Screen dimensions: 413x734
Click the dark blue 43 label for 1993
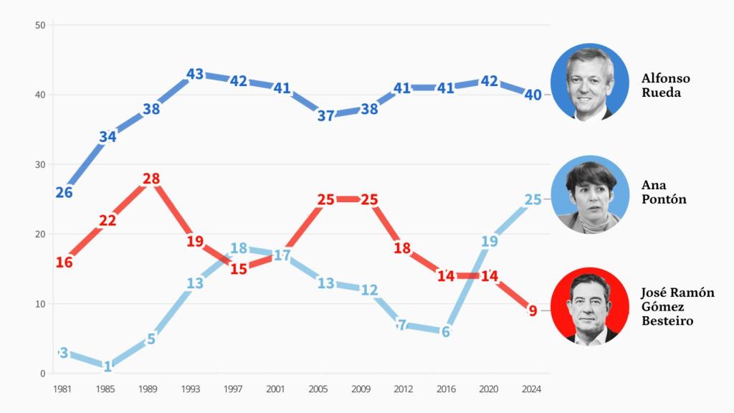pyautogui.click(x=195, y=74)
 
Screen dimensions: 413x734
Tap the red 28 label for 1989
pyautogui.click(x=151, y=179)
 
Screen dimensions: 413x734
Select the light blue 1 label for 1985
pyautogui.click(x=108, y=367)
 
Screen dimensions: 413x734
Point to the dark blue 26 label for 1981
pyautogui.click(x=64, y=193)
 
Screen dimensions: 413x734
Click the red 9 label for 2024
pyautogui.click(x=533, y=311)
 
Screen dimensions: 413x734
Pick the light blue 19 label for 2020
pyautogui.click(x=490, y=242)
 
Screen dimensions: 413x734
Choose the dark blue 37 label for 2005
pyautogui.click(x=326, y=116)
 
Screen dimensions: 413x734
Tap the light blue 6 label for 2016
pyautogui.click(x=446, y=332)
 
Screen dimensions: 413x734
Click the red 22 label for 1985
pyautogui.click(x=108, y=221)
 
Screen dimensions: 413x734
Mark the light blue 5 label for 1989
pyautogui.click(x=151, y=339)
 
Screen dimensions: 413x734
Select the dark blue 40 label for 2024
pyautogui.click(x=533, y=95)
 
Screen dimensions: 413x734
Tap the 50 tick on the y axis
pyautogui.click(x=40, y=26)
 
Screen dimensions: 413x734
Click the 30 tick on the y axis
pyautogui.click(x=40, y=165)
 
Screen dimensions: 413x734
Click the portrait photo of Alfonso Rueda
pyautogui.click(x=590, y=81)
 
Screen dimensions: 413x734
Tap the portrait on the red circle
pyautogui.click(x=589, y=306)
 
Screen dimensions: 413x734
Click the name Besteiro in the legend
pyautogui.click(x=667, y=321)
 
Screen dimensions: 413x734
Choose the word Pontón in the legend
pyautogui.click(x=664, y=199)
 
